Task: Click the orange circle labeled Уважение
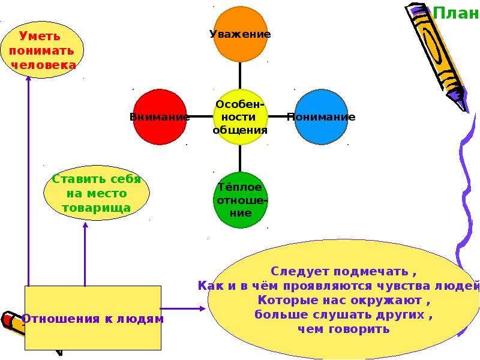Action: tap(241, 34)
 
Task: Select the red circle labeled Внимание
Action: tap(160, 116)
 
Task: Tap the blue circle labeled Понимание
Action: tap(322, 116)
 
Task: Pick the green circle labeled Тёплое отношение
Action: tap(241, 200)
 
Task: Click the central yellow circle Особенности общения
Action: tap(241, 116)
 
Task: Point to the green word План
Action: tap(456, 13)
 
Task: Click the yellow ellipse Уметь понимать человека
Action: tap(42, 50)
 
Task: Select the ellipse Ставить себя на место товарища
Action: tap(97, 193)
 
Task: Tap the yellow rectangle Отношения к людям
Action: tap(93, 318)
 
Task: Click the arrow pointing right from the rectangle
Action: tap(183, 308)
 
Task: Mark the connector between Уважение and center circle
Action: tap(239, 76)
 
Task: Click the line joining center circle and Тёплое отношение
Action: tap(239, 158)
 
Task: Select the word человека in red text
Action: tap(43, 65)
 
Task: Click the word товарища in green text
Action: tap(97, 208)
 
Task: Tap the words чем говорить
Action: tap(343, 329)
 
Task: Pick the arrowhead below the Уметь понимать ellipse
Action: tap(28, 79)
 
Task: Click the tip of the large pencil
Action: tap(467, 111)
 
